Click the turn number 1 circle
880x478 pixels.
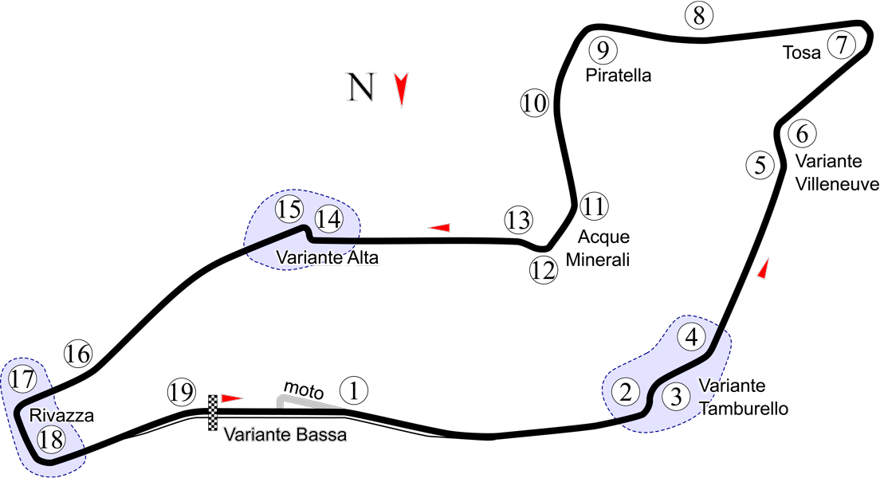[354, 390]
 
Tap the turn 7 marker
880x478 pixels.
[841, 45]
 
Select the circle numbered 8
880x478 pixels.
[698, 16]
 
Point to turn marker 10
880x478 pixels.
[535, 103]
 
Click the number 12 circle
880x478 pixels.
[543, 270]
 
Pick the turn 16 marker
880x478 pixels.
[78, 353]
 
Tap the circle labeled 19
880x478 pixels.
[182, 392]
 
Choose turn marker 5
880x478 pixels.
[760, 165]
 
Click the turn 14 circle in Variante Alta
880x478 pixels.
[328, 217]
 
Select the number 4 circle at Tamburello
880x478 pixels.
[692, 337]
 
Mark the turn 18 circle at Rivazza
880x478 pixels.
[50, 439]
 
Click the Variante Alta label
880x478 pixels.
[327, 257]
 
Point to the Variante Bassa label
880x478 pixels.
[285, 435]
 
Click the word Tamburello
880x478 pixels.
[744, 409]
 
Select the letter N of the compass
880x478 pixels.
[360, 88]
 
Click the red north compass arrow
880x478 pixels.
[402, 89]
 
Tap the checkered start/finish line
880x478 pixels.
[213, 412]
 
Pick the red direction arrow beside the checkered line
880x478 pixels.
[231, 398]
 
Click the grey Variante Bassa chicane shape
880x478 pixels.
[307, 401]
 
